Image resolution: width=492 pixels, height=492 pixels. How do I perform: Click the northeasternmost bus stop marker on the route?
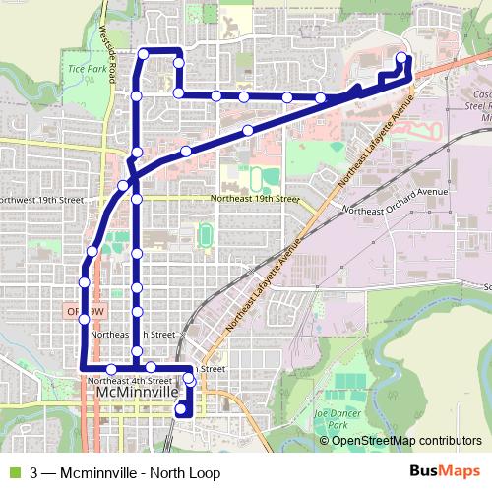tap(401, 57)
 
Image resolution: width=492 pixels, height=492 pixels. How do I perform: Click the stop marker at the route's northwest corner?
tap(144, 53)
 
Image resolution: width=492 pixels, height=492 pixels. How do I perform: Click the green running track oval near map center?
tap(206, 235)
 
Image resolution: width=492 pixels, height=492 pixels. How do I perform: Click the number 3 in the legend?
tap(34, 471)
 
